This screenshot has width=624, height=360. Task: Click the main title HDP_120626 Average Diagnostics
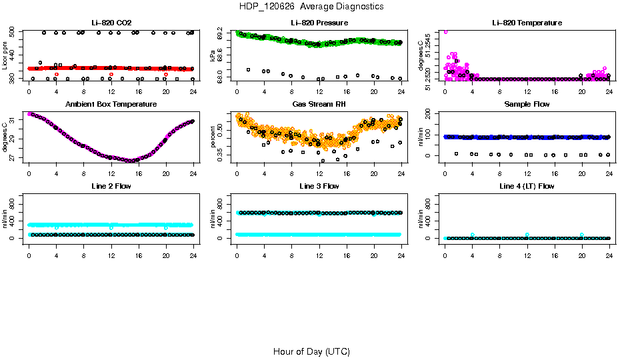point(311,6)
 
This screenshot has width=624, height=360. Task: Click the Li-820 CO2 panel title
point(111,23)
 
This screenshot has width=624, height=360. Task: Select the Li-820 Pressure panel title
point(319,23)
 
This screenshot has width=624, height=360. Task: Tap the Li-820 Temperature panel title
point(527,23)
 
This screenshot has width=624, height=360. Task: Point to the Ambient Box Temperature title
point(111,104)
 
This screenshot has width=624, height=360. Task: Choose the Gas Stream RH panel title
point(319,104)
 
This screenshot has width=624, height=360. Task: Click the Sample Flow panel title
point(527,104)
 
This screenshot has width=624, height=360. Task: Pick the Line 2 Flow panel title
point(111,185)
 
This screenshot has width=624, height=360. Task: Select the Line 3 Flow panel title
point(319,185)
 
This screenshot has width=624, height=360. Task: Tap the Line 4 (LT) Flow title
point(527,185)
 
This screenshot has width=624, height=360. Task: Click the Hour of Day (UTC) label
point(311,351)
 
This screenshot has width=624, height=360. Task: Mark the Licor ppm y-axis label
point(5,56)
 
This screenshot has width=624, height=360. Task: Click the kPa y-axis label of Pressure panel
point(213,56)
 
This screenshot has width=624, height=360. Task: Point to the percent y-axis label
point(213,137)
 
